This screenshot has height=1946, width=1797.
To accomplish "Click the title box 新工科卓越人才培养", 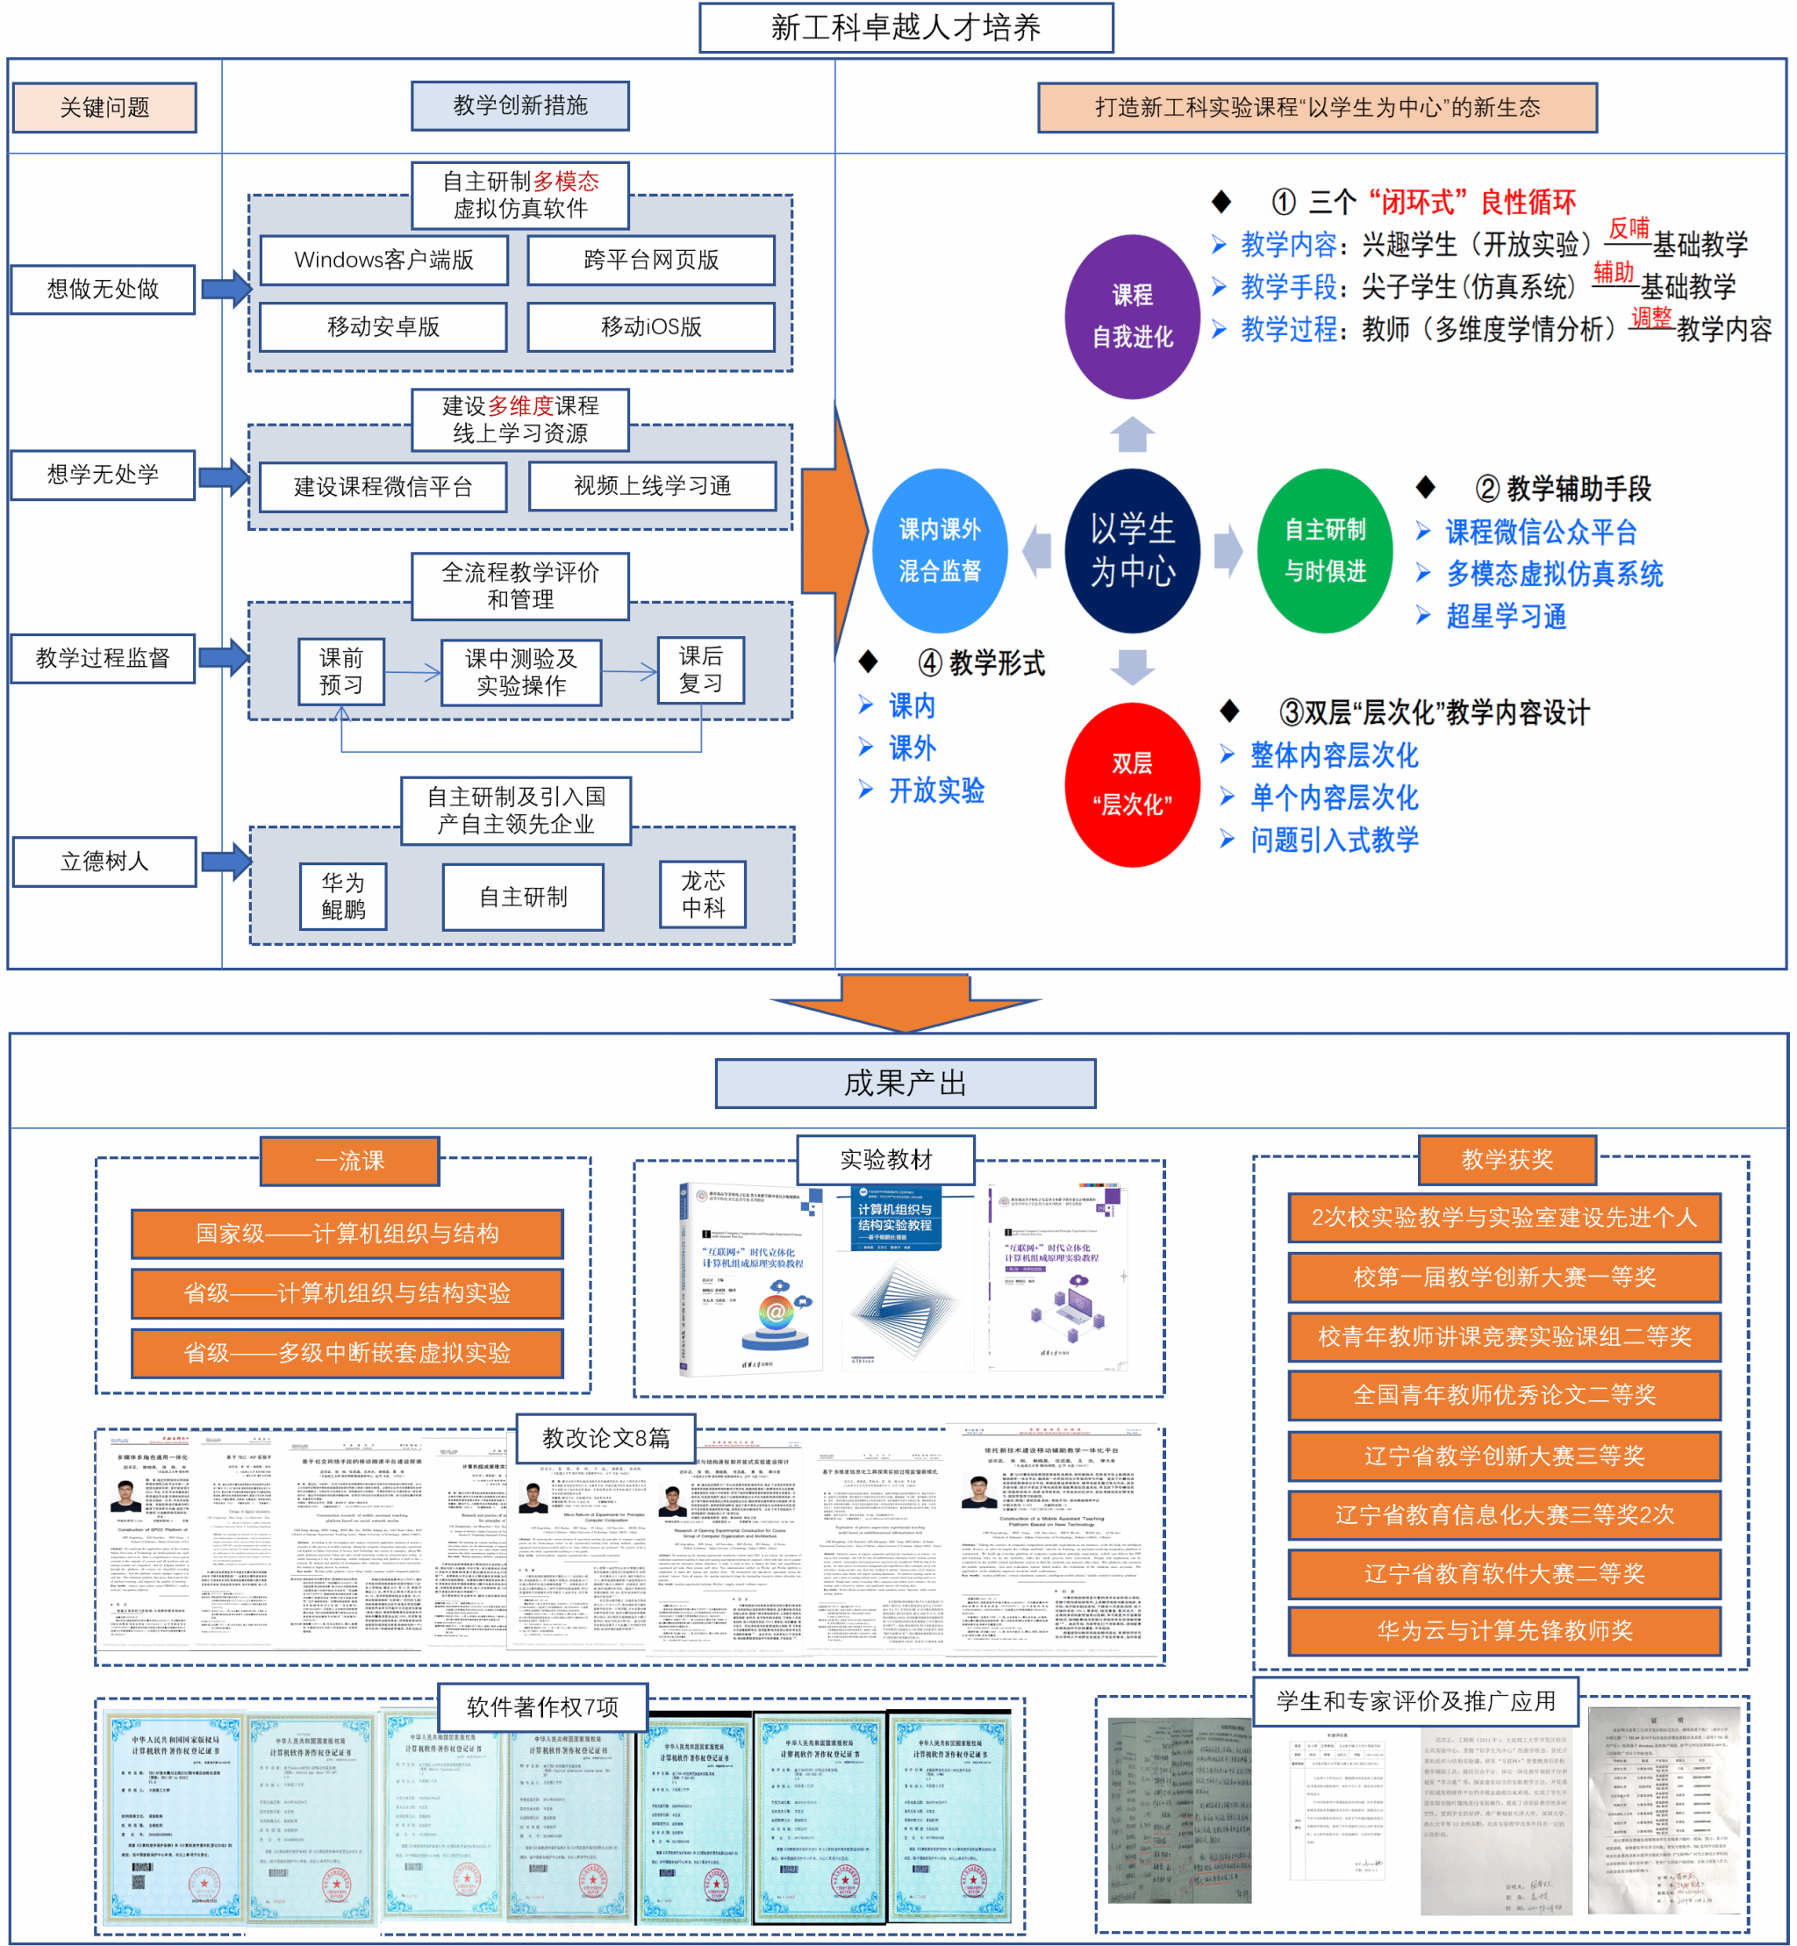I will [x=906, y=27].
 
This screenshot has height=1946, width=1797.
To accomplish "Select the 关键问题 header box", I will [x=104, y=107].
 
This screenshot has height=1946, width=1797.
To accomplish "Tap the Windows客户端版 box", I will [x=383, y=260].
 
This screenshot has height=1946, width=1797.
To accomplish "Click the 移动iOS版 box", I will [x=650, y=326].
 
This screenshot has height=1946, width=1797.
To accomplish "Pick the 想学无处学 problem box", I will [x=103, y=475].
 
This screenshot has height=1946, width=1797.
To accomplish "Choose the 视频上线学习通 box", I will [x=652, y=486].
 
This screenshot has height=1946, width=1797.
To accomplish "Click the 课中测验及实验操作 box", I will [x=520, y=672].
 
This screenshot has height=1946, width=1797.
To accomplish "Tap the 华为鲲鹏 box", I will [x=342, y=896].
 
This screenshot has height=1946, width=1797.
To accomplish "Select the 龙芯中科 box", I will [x=702, y=894].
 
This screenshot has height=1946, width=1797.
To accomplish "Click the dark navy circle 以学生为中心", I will [x=1132, y=550].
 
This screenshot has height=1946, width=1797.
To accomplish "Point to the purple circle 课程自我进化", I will [x=1132, y=316].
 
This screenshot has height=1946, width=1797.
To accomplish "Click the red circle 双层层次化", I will [x=1132, y=783].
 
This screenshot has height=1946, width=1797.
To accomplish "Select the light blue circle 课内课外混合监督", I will [x=940, y=550].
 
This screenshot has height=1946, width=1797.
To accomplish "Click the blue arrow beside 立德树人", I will [x=226, y=861].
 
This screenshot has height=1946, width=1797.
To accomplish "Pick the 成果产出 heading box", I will [x=906, y=1084].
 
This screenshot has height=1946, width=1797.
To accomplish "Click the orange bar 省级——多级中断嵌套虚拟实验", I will [x=347, y=1352].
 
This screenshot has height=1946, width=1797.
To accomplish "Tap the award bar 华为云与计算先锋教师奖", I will [x=1503, y=1631].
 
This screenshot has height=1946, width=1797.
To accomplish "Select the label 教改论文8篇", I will [x=605, y=1437].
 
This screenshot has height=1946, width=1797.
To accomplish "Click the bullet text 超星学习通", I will [x=1506, y=616].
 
